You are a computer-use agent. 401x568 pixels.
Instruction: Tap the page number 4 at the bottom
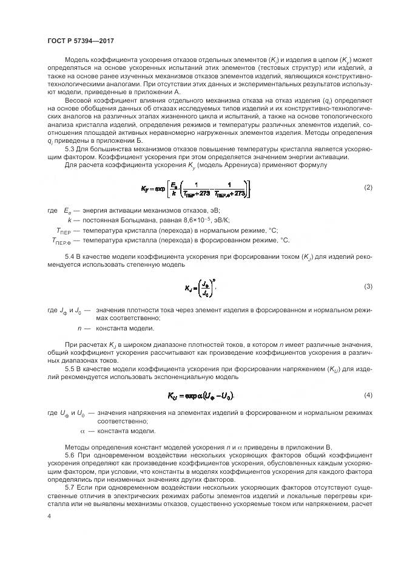49,518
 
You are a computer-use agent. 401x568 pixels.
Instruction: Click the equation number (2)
368,188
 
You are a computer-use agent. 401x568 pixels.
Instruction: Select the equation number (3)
368,286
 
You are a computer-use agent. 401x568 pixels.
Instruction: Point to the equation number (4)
368,395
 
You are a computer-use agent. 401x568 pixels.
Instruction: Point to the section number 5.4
70,258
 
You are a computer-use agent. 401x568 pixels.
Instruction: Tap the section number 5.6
70,455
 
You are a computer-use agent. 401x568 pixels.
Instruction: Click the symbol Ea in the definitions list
67,210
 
